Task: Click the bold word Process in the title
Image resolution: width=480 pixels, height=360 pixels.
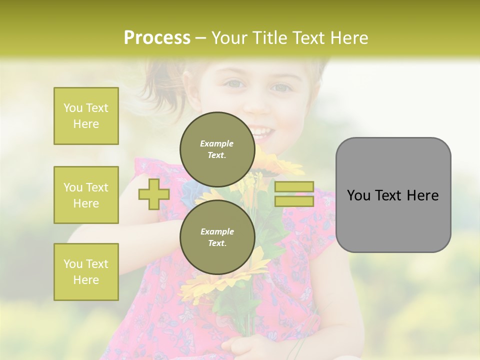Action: click(157, 38)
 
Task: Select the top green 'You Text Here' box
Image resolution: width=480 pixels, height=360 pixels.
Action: click(86, 116)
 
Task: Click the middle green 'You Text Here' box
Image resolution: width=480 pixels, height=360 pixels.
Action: click(86, 195)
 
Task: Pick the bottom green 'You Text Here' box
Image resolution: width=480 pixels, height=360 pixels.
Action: click(86, 272)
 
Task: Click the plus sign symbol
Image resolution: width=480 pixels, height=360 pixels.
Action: click(154, 194)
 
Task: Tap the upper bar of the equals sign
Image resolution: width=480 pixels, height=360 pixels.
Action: click(294, 186)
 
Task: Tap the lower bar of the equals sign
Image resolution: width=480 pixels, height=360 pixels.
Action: click(294, 201)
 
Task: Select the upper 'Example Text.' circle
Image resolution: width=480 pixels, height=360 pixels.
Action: click(216, 149)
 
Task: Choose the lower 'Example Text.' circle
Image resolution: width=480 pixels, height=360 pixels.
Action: click(216, 237)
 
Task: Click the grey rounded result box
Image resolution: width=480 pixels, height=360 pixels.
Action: click(393, 195)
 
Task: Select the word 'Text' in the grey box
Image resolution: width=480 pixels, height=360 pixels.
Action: click(393, 195)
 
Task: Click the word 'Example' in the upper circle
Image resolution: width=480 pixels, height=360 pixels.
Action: click(216, 143)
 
